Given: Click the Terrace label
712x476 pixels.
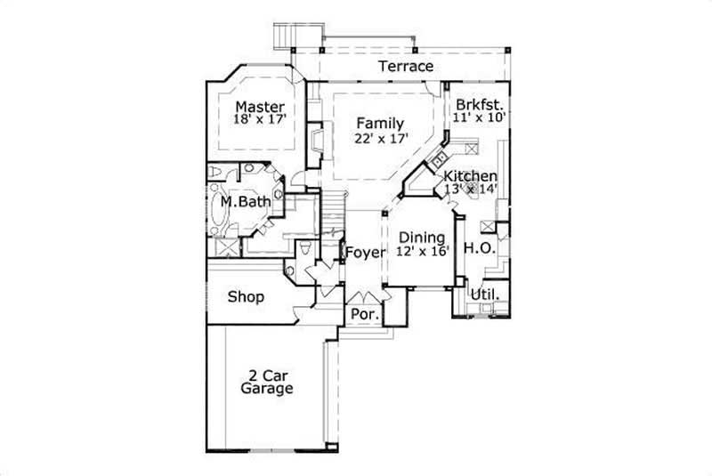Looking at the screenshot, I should pos(406,67).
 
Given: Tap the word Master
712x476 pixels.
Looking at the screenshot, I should pos(260,107).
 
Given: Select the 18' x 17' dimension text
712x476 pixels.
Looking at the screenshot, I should pos(260,119).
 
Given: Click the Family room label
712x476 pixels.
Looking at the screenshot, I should pos(380,124).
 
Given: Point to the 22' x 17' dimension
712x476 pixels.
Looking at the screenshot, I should pos(380,138).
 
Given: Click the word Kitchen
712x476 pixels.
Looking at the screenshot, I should pos(471,176).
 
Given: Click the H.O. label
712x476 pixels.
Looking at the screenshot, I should pos(480,248).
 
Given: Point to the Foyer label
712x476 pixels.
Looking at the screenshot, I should pos(366,253).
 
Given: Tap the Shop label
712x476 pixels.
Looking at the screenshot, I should pos(246,296).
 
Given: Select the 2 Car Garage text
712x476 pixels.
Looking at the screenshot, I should pos(266,381).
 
